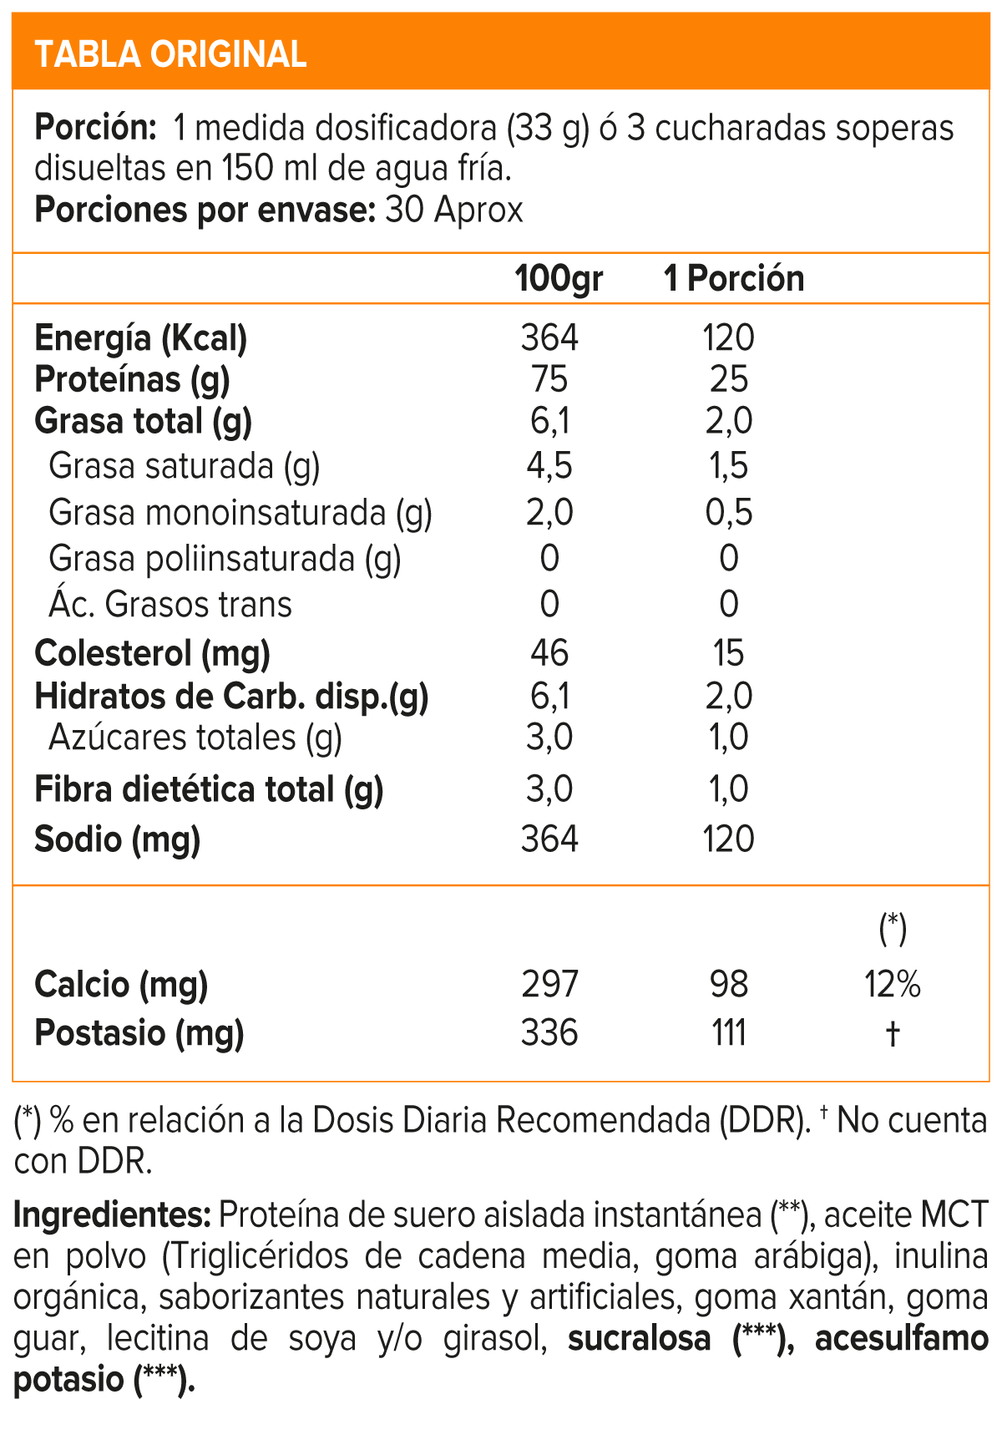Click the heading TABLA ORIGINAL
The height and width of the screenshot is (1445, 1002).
pyautogui.click(x=170, y=54)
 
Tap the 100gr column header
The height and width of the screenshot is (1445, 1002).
pyautogui.click(x=559, y=278)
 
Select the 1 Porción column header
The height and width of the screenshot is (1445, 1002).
pyautogui.click(x=734, y=278)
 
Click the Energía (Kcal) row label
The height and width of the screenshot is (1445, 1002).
pyautogui.click(x=141, y=338)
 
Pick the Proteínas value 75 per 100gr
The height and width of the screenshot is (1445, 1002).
pyautogui.click(x=549, y=380)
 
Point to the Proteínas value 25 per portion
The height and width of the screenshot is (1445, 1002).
pyautogui.click(x=729, y=380)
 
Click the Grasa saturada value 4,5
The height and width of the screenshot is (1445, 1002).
pyautogui.click(x=549, y=466)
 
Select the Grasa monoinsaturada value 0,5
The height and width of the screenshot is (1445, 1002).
pyautogui.click(x=729, y=512)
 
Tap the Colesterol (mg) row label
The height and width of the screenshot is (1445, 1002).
pyautogui.click(x=152, y=653)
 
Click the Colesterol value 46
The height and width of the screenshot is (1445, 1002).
pyautogui.click(x=549, y=653)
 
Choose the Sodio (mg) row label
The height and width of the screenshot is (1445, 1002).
pyautogui.click(x=118, y=839)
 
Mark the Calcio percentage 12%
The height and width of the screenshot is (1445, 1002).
pyautogui.click(x=893, y=985)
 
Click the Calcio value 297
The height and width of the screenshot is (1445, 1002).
pyautogui.click(x=549, y=985)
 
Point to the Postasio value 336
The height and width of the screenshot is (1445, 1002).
pyautogui.click(x=549, y=1033)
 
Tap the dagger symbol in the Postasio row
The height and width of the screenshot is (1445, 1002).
pyautogui.click(x=893, y=1034)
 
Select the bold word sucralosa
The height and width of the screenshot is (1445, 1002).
pyautogui.click(x=639, y=1338)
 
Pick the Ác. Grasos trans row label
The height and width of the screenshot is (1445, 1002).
pyautogui.click(x=170, y=604)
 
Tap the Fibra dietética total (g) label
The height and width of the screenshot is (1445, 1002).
pyautogui.click(x=209, y=789)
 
